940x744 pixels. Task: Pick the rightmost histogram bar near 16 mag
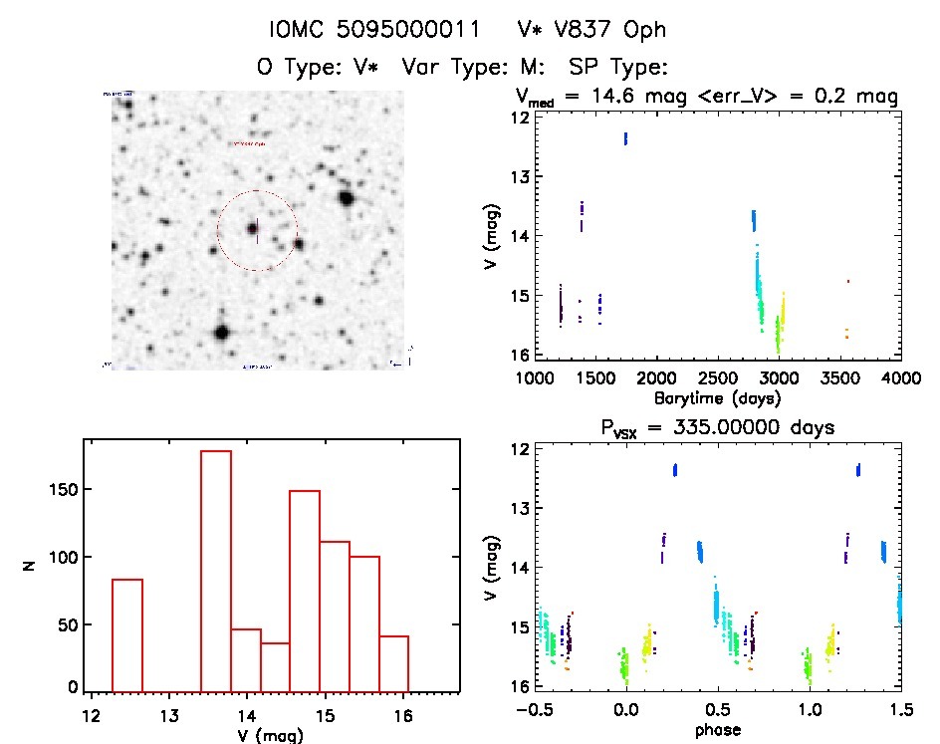(394, 662)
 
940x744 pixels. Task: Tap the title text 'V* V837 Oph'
(590, 31)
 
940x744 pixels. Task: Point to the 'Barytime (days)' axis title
(717, 398)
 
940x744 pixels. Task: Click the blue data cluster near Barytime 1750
(625, 138)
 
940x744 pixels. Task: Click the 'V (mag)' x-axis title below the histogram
(271, 735)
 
